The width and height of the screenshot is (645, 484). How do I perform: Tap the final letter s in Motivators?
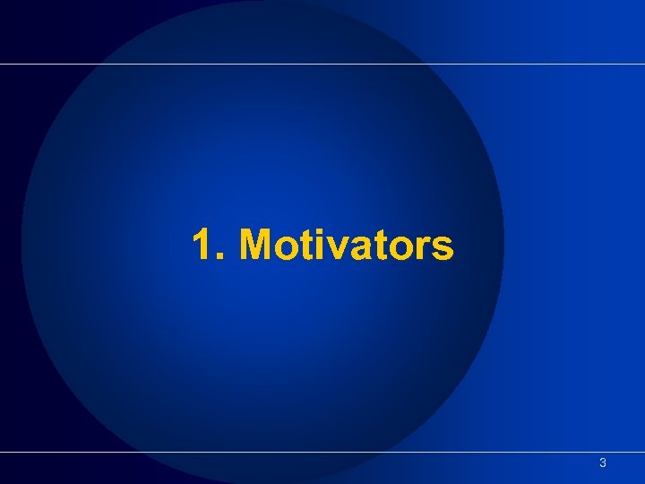pos(440,249)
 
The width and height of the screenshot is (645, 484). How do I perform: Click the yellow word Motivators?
pos(347,245)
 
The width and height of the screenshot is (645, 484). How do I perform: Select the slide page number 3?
pos(603,463)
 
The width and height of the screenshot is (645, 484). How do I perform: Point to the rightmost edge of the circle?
pos(503,242)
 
